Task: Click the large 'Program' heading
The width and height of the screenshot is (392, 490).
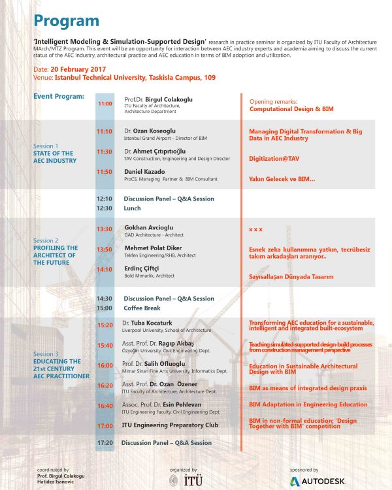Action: [x=67, y=20]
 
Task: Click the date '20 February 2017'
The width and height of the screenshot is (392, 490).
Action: [x=76, y=69]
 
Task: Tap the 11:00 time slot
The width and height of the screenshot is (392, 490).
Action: [x=105, y=103]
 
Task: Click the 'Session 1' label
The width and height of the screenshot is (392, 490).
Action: [x=45, y=146]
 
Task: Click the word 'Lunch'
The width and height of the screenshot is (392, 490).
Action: [x=132, y=208]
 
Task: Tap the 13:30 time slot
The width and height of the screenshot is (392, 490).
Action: [x=105, y=229]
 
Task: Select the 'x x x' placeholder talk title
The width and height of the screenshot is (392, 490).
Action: [x=255, y=230]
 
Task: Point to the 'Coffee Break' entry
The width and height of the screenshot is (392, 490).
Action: [x=143, y=308]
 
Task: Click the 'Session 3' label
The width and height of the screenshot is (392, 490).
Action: [x=46, y=354]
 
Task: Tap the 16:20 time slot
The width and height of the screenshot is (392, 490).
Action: [x=105, y=385]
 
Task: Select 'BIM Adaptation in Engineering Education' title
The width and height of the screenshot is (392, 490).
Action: [x=308, y=404]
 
